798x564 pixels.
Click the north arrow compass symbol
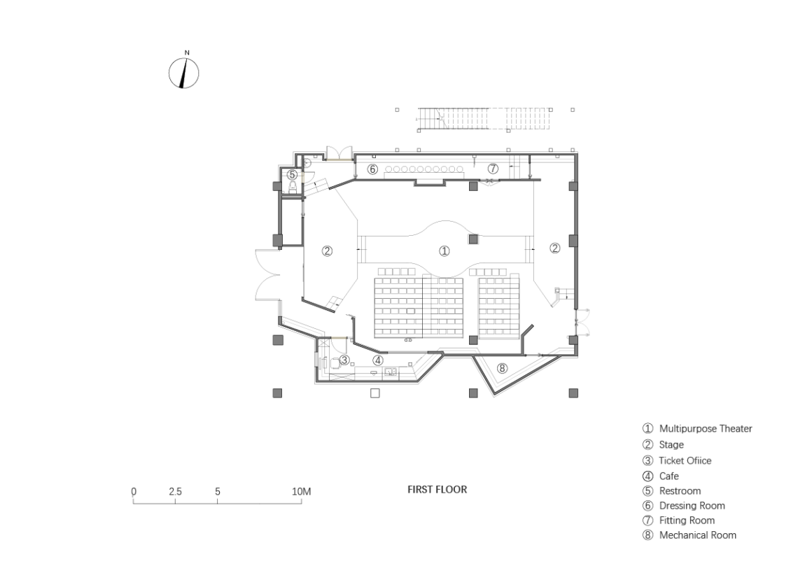183,73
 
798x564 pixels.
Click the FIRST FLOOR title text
437,489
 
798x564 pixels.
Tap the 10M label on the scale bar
301,492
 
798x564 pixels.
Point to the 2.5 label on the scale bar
175,491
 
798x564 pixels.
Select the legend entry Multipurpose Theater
697,429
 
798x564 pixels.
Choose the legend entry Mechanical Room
689,535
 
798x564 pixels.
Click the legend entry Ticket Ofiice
677,460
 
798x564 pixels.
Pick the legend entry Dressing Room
683,505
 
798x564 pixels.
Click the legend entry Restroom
672,491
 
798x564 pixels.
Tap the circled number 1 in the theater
444,251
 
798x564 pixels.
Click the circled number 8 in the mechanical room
503,368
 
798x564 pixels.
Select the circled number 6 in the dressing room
372,169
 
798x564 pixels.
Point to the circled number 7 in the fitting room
493,169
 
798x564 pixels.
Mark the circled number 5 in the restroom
292,175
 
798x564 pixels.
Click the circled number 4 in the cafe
377,360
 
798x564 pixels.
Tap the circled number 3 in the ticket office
344,360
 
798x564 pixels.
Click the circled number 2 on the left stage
327,251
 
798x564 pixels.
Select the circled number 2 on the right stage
554,248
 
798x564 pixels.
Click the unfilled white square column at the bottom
375,393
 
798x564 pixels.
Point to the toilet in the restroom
292,187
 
